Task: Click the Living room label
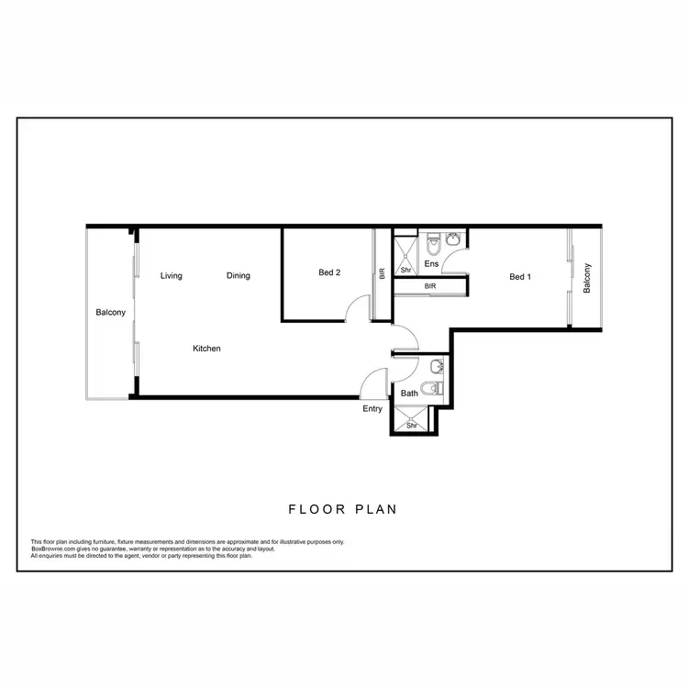click(171, 275)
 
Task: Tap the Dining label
click(239, 275)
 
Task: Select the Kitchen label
click(206, 349)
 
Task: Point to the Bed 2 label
click(330, 272)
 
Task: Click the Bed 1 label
click(520, 276)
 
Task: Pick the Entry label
click(372, 409)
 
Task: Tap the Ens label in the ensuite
click(431, 264)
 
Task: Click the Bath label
click(409, 394)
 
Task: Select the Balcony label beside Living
click(110, 313)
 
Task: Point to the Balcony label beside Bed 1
click(587, 278)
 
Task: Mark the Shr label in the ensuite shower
click(405, 271)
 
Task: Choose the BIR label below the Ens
click(430, 286)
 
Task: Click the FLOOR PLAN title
click(343, 509)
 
